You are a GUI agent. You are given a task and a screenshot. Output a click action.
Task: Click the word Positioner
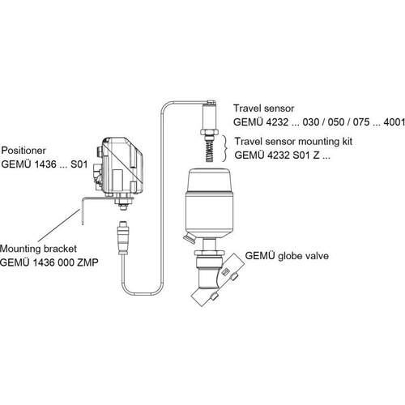point(23,151)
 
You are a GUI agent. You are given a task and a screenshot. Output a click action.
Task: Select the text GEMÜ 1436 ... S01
point(45,164)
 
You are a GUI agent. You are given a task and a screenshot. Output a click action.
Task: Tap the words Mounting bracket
point(38,249)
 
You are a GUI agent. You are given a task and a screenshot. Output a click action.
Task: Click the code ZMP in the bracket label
point(87,262)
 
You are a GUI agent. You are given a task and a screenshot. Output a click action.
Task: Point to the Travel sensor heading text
point(263,109)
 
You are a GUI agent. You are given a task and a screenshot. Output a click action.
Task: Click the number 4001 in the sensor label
point(394,122)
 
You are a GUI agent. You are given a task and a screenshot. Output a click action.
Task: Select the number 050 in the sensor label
point(335,122)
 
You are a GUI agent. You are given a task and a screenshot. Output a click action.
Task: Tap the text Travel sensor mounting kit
point(293,142)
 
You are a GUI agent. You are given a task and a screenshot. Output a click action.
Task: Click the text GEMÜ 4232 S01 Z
point(277,156)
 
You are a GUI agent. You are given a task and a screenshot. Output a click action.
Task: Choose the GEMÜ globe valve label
point(287,256)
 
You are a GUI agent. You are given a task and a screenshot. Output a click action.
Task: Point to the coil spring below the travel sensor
point(211,152)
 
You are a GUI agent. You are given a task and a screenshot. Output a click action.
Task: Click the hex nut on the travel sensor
point(210,133)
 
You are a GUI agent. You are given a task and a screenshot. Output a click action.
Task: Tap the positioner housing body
point(122,165)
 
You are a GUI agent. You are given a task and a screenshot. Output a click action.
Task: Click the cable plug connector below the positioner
point(122,237)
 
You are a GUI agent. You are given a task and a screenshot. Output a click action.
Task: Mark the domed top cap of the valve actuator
point(210,180)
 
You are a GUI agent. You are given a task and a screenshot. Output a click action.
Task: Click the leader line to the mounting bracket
point(59,225)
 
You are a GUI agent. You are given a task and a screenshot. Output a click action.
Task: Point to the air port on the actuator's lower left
point(189,240)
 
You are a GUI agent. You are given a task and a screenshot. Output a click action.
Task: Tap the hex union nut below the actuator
point(210,253)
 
